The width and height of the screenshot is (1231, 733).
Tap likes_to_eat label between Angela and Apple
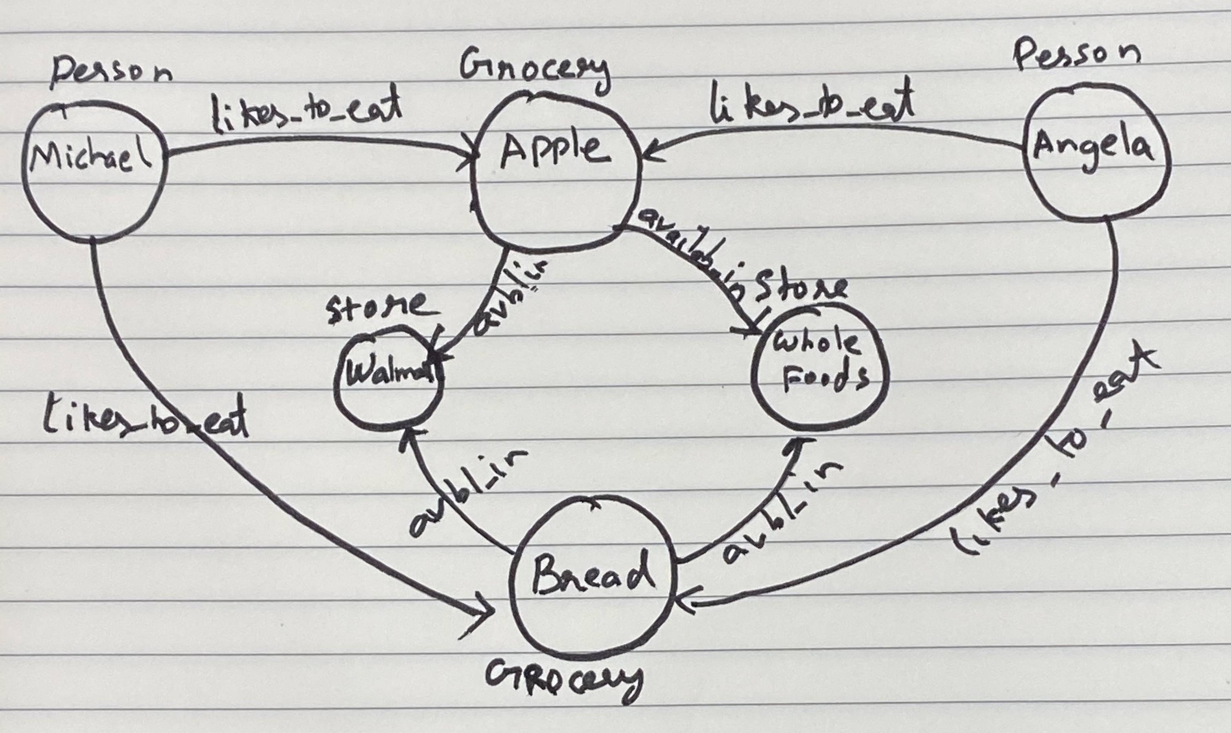[810, 106]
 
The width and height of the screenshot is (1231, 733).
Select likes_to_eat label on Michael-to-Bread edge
[146, 420]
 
